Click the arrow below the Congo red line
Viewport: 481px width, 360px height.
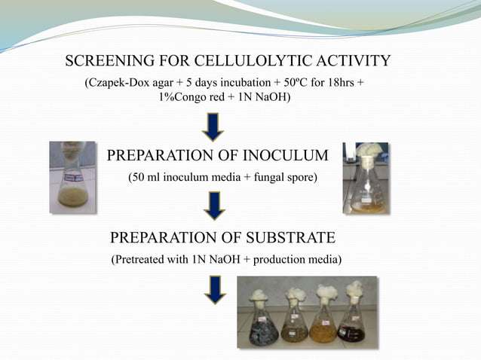point(214,126)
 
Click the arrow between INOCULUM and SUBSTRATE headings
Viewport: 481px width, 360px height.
point(214,205)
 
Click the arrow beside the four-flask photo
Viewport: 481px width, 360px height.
point(214,289)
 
